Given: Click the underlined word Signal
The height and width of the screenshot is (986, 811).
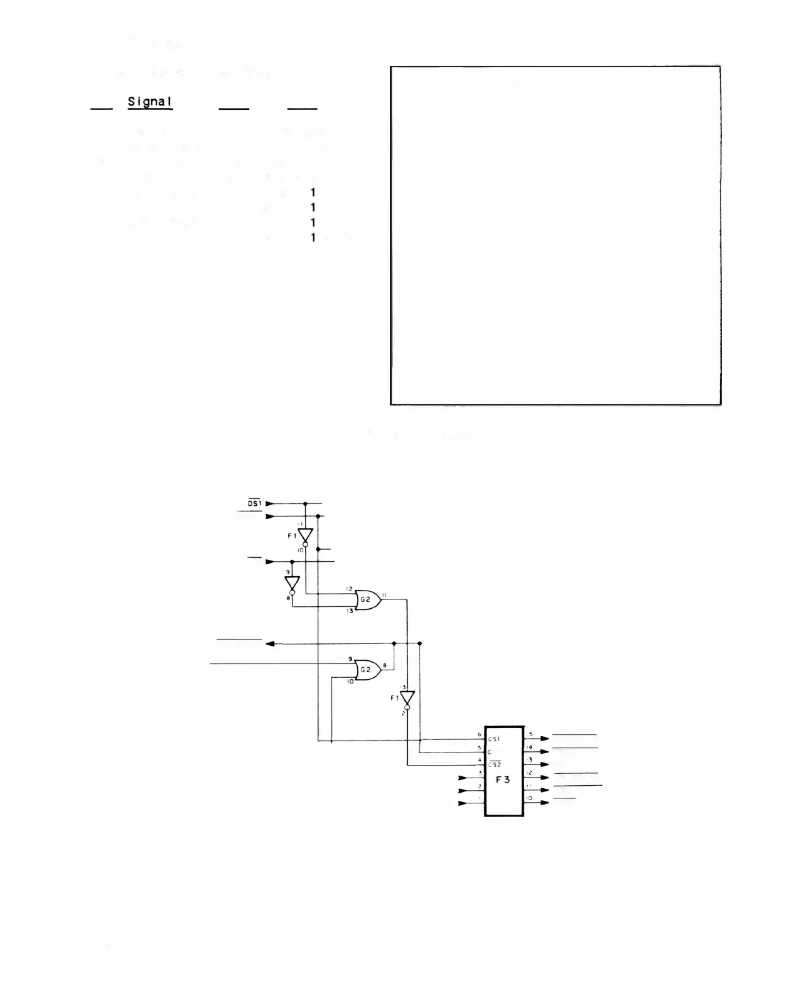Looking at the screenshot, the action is pos(150,102).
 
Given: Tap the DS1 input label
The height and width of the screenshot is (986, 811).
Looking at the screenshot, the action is pos(254,503).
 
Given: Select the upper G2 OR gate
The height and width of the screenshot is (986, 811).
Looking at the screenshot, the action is pos(367,600).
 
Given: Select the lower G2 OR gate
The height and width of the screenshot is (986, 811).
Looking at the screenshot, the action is pos(367,670).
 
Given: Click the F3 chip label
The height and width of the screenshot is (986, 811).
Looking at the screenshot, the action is pos(503,780).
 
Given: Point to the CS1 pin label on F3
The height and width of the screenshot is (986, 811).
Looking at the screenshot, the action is pos(495,739).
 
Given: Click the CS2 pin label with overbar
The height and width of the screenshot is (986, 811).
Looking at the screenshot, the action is pos(495,764).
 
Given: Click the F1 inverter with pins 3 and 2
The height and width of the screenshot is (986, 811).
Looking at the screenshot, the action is pos(407,698).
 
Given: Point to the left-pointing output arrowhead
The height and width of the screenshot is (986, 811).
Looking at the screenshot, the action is pos(270,644).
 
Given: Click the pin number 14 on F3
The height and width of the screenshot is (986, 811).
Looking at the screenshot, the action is pos(530,747).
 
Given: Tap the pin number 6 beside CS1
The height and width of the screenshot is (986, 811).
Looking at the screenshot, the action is pos(480,734).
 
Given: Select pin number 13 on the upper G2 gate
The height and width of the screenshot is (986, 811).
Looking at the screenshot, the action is pos(350,611).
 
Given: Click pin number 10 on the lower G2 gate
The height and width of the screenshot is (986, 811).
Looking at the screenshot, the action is pos(350,681).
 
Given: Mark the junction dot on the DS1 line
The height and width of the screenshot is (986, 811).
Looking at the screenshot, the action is pos(306,503).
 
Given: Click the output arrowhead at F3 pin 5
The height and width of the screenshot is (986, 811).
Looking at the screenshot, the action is pos(545,739).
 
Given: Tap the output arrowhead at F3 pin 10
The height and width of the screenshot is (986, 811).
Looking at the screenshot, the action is pos(545,803).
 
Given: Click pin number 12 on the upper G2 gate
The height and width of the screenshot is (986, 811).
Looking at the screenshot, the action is pos(350,589).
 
